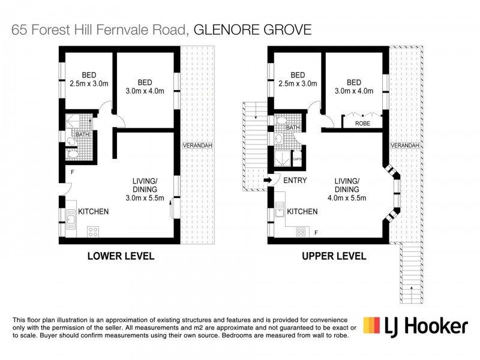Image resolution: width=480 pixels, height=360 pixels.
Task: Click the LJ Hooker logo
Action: coord(415,326)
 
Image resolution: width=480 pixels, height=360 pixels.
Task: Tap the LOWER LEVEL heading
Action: coord(121,256)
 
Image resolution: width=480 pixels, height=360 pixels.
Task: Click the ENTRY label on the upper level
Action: coord(295,180)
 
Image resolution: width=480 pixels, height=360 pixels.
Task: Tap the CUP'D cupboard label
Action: coord(296,159)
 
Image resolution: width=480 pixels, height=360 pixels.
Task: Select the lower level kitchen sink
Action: coord(70,215)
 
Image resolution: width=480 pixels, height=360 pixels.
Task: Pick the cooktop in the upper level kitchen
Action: coord(301,232)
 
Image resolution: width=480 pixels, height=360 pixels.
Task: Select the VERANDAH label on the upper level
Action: coord(404,145)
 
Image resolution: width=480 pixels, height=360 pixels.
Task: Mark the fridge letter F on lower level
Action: coord(71,172)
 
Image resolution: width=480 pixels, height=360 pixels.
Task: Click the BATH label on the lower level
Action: coord(82,134)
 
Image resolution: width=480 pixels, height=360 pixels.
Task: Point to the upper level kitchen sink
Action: coord(279,211)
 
